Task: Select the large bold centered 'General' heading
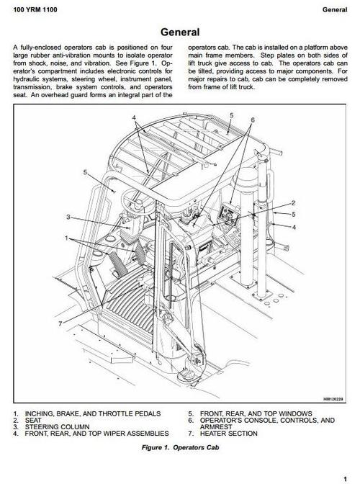(180, 32)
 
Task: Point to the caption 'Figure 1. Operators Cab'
(180, 448)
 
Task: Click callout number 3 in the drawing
(68, 217)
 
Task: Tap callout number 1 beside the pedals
(67, 238)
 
